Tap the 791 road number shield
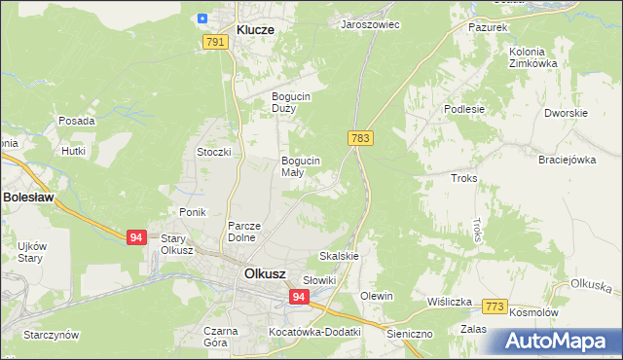coord(216,42)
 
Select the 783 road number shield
coord(360,139)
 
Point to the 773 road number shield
coord(495,306)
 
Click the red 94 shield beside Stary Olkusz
coord(136,237)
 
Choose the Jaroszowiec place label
coord(370,24)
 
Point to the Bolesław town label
coord(28,197)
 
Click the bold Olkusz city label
coord(265,273)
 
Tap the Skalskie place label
coord(340,256)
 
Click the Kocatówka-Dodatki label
coord(314,332)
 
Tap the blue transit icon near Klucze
coord(202,18)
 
